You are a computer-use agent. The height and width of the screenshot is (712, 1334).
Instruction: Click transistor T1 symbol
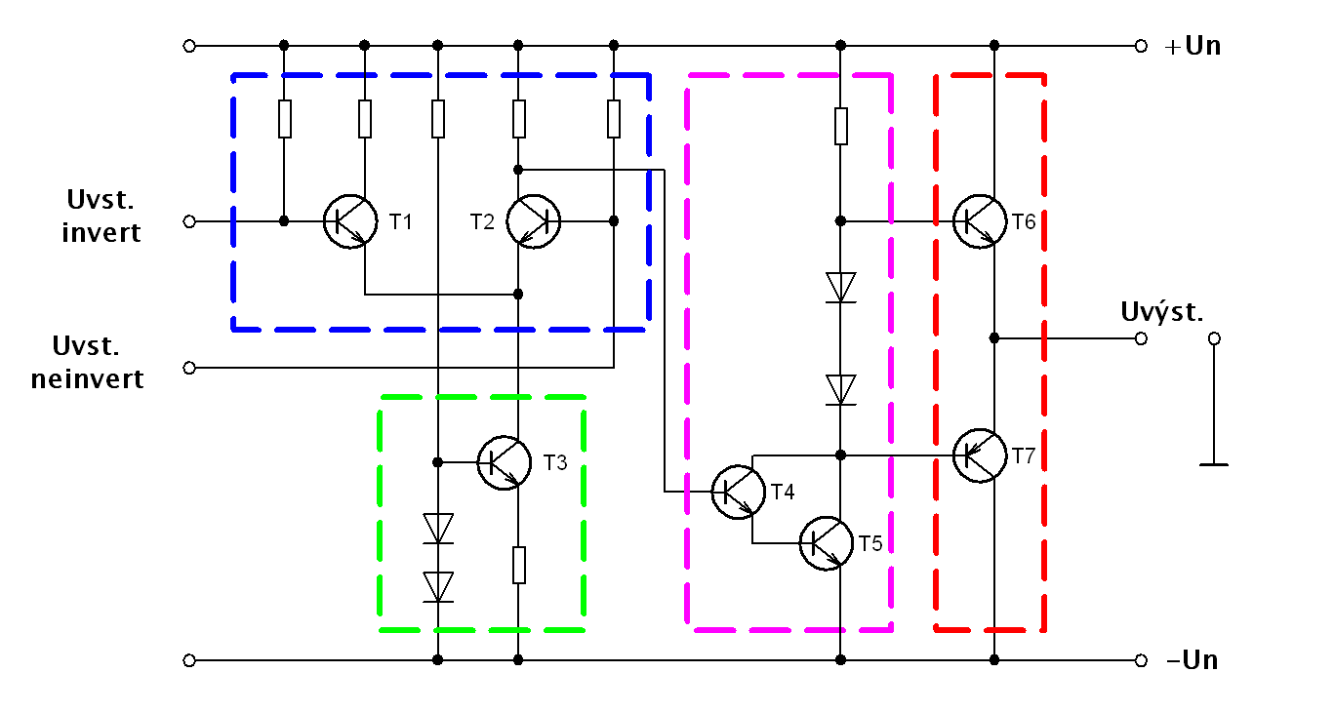coord(350,221)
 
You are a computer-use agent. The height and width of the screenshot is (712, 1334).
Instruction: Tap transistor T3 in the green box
coord(504,461)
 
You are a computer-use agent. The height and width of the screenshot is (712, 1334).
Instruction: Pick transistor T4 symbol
coord(738,492)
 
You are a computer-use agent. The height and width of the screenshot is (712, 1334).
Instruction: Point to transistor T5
coord(826,543)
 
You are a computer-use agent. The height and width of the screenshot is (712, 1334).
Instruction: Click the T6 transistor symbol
coord(979,221)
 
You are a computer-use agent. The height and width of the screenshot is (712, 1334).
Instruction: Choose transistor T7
coord(979,455)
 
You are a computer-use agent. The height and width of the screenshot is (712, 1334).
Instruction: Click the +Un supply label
coord(1193,46)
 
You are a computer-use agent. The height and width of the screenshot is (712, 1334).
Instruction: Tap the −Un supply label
coord(1193,660)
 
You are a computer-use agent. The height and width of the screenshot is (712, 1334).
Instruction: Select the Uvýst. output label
coord(1162,312)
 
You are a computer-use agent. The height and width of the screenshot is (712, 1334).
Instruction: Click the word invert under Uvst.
coord(101,233)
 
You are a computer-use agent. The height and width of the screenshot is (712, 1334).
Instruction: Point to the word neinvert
coord(88,378)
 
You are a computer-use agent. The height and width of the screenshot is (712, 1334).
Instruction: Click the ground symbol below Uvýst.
coord(1214,463)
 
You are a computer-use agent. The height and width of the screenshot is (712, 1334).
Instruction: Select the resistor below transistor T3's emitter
coord(519,565)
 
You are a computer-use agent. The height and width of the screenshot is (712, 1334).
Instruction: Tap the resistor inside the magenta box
coord(840,126)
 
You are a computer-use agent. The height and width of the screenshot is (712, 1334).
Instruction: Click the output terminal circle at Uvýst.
coord(1141,338)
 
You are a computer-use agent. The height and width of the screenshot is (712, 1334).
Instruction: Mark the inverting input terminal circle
coord(189,221)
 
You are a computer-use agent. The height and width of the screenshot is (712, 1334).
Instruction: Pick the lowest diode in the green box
coord(438,586)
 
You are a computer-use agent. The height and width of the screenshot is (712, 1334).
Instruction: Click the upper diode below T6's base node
coord(840,288)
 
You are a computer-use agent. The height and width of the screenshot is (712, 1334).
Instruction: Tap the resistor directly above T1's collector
coord(365,119)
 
